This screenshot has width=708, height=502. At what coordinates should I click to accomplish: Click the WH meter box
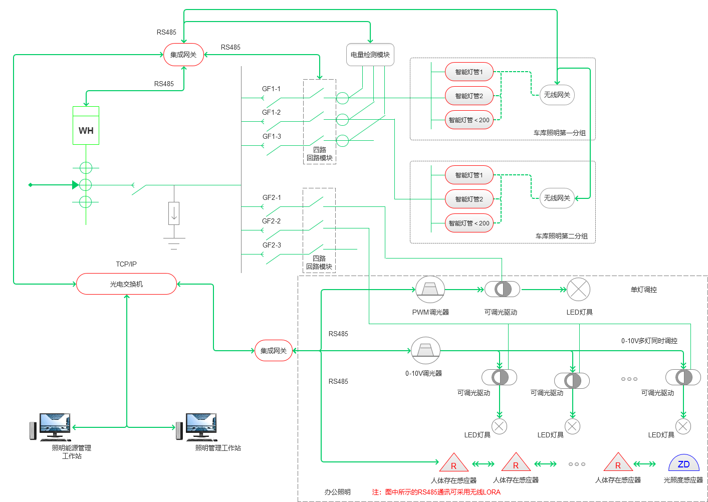[x=86, y=125]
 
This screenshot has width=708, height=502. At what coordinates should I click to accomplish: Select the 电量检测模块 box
[x=370, y=55]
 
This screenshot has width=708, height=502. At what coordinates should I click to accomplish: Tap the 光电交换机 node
[x=126, y=284]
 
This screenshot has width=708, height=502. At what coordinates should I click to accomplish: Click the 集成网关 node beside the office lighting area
[x=274, y=351]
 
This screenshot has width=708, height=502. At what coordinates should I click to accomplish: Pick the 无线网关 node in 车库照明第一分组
[x=557, y=95]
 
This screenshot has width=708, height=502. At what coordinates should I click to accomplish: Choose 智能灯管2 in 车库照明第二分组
[x=469, y=199]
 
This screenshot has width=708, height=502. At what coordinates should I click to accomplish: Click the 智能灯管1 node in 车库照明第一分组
[x=469, y=72]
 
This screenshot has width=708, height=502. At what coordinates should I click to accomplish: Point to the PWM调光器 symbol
[x=430, y=289]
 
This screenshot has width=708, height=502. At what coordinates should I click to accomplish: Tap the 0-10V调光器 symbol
[x=426, y=351]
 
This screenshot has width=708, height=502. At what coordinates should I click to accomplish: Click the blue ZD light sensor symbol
[x=683, y=463]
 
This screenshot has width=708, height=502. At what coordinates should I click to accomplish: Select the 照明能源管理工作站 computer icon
[x=51, y=427]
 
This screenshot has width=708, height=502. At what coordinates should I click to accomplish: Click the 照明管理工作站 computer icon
[x=197, y=427]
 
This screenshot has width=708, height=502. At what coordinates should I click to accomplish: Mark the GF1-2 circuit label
[x=271, y=112]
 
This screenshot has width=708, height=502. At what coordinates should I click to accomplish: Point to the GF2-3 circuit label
[x=272, y=245]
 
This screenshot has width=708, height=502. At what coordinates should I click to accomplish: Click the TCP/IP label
[x=126, y=264]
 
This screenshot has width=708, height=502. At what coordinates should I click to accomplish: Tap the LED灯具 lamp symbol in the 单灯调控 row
[x=578, y=289]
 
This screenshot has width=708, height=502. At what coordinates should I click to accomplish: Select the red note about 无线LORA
[x=436, y=492]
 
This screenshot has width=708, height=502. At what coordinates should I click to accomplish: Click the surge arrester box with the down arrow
[x=174, y=213]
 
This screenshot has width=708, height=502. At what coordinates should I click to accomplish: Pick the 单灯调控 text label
[x=643, y=290]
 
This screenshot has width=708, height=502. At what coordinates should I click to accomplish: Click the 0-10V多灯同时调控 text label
[x=649, y=341]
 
